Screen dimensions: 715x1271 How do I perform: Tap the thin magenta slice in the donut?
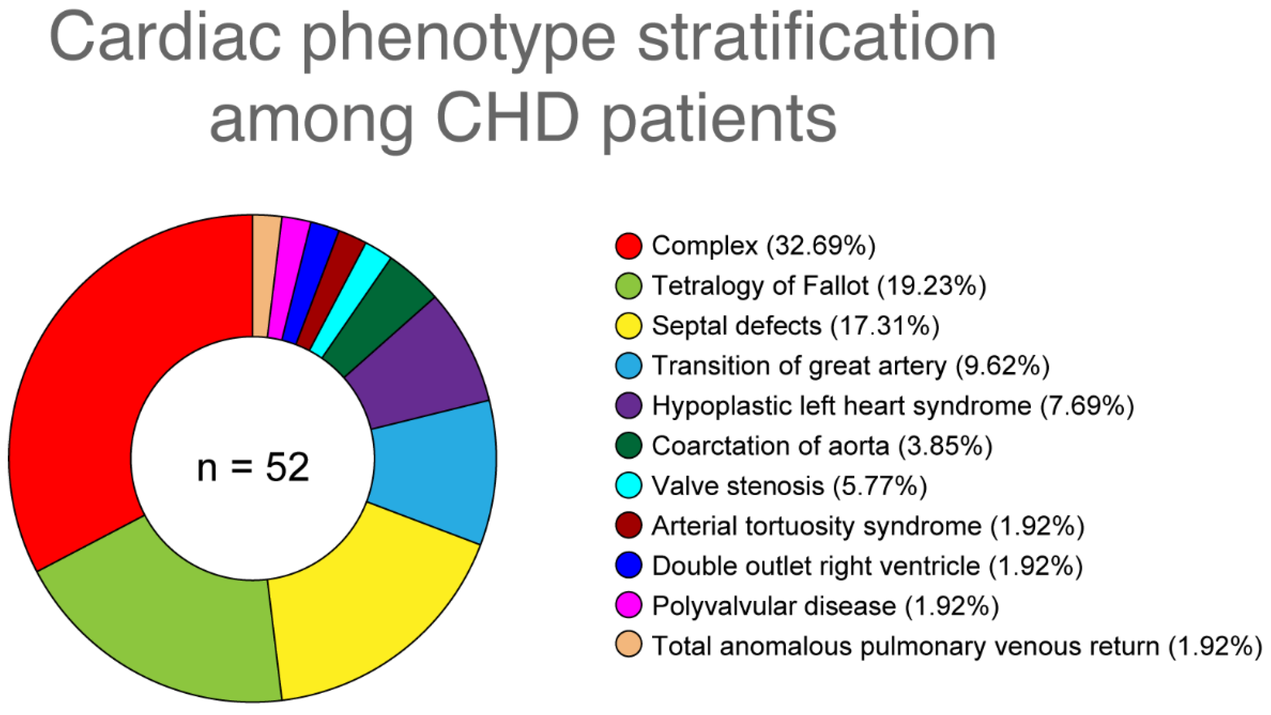[x=289, y=276]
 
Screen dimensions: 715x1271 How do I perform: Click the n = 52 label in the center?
[x=253, y=467]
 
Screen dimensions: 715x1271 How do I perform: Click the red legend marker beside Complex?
[x=629, y=246]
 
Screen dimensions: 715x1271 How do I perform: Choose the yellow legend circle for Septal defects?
[x=629, y=325]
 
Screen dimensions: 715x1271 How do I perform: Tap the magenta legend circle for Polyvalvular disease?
[x=629, y=605]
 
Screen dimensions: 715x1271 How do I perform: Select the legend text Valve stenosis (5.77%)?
[x=788, y=486]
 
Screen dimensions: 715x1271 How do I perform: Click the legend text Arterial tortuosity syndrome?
[x=817, y=525]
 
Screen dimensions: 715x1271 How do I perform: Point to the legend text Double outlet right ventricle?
[x=815, y=565]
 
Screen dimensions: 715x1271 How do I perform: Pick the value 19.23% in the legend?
[x=931, y=285]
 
